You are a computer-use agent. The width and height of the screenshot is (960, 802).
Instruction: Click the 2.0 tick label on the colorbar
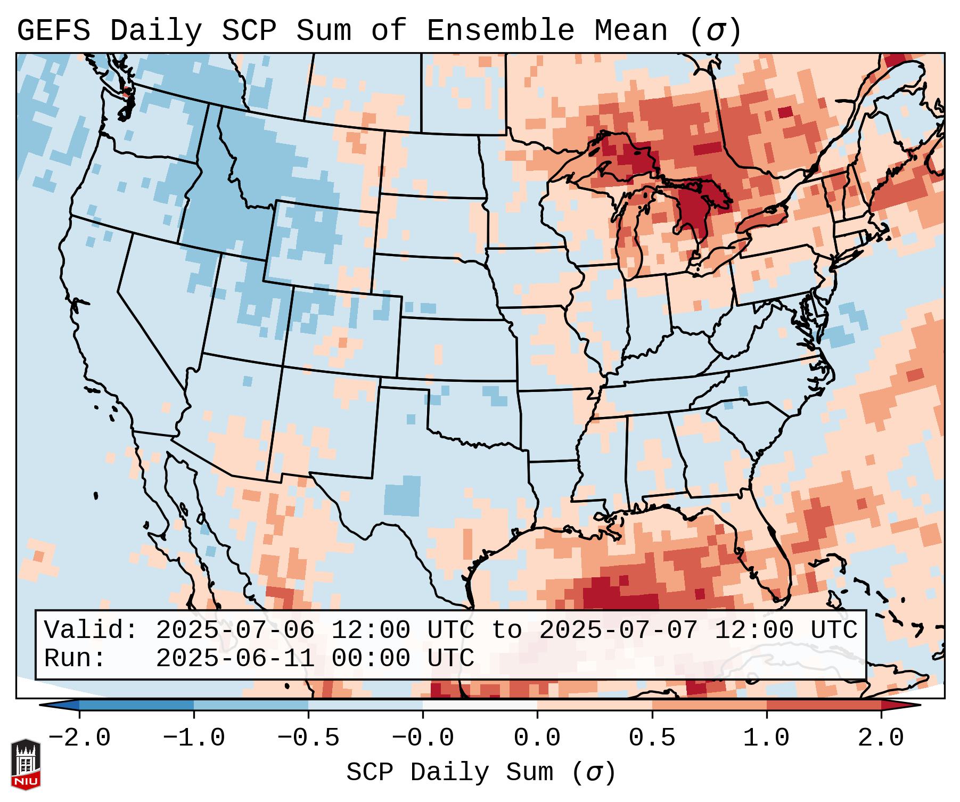881,738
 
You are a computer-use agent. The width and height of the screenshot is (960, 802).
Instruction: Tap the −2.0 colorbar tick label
79,738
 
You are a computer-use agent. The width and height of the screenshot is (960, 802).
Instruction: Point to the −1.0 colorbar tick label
194,738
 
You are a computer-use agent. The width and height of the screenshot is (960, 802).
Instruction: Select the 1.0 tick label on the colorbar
766,738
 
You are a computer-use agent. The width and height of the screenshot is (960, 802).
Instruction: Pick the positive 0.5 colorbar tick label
652,738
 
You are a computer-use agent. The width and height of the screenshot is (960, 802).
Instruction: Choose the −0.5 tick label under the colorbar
308,738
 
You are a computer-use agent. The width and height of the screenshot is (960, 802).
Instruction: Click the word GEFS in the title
53,31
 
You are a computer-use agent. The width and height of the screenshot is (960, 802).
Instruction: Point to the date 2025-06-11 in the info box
235,658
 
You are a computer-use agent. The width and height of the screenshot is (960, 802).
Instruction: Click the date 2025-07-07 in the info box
618,630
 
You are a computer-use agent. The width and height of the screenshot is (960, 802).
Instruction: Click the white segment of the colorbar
480,705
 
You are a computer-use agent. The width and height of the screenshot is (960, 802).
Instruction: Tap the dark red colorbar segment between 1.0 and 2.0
823,705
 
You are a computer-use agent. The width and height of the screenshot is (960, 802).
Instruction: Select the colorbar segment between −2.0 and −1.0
136,705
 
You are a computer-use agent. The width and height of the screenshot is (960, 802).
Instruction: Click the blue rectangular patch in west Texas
402,496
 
